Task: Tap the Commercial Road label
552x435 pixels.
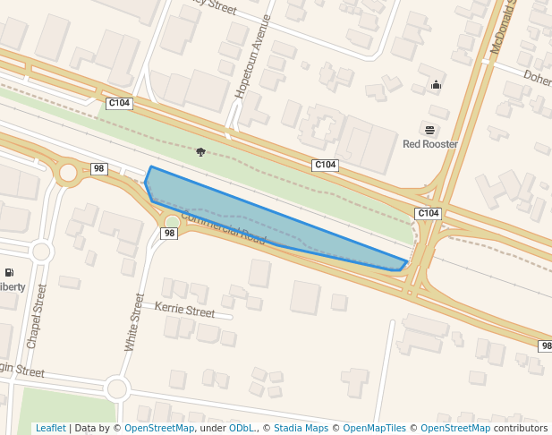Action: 225,227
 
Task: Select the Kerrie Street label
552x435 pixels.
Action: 185,310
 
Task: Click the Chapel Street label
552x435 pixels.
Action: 35,318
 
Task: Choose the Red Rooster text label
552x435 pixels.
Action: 430,144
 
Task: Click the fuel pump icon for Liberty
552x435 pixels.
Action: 9,272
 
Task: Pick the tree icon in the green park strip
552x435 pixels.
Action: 200,151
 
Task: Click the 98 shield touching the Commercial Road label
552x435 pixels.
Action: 169,234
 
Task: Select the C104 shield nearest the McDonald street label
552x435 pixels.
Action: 429,213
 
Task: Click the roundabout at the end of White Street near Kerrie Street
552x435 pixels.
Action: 116,388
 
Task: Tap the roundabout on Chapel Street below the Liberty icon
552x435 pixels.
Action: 40,252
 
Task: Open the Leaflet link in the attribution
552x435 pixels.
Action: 50,429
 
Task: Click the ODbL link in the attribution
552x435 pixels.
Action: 242,429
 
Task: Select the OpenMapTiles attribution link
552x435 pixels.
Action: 374,429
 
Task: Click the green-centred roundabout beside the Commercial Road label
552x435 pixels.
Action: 172,221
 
